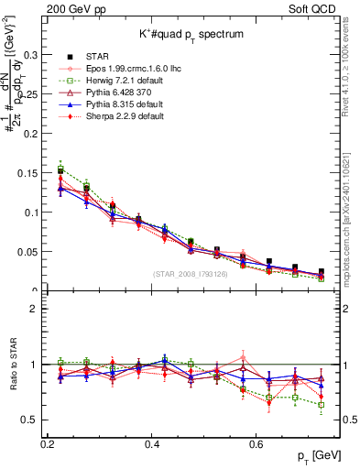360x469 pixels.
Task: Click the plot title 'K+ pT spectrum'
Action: tap(191, 34)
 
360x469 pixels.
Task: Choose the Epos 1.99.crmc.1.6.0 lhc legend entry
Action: tap(131, 69)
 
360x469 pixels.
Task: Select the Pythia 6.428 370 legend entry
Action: tap(120, 93)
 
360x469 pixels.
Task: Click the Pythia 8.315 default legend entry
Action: tap(124, 104)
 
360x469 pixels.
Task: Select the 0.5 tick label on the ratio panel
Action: tap(31, 420)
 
